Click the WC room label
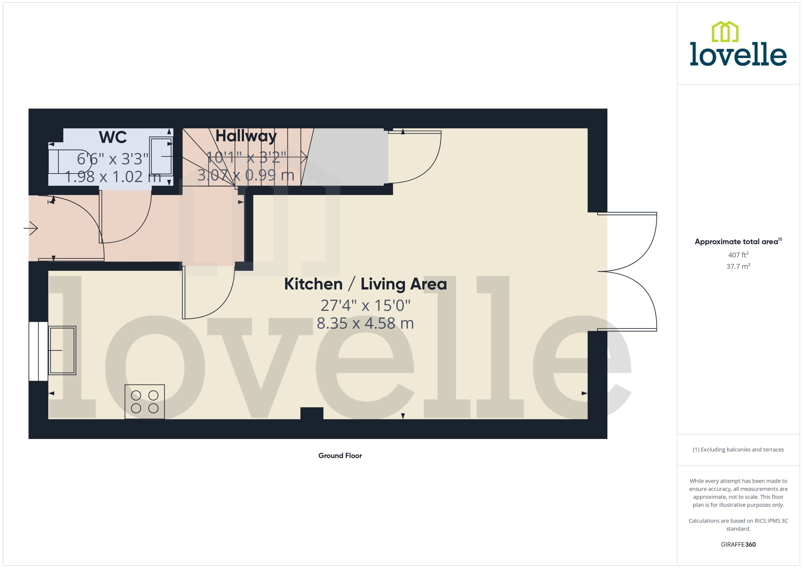coord(113,137)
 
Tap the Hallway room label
coord(246,136)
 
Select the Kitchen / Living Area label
coord(365,284)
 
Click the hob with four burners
coord(145,402)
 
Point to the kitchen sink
coord(62,350)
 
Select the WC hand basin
coord(161,156)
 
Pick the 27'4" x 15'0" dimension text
coord(365,306)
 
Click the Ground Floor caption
coord(340,456)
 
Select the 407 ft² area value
coord(738,255)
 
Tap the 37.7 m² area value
coord(738,266)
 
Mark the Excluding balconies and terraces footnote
coord(738,450)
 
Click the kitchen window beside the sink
coord(38,351)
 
